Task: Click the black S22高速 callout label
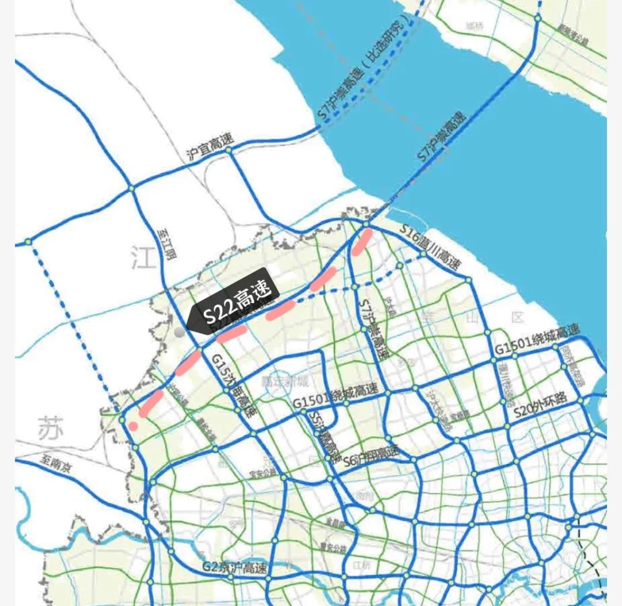click(x=236, y=304)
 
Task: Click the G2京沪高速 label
click(x=235, y=567)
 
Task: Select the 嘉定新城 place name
click(x=286, y=381)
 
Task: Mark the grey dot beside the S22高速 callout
click(x=180, y=332)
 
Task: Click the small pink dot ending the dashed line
click(x=133, y=426)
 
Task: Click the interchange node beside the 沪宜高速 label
click(x=229, y=150)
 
